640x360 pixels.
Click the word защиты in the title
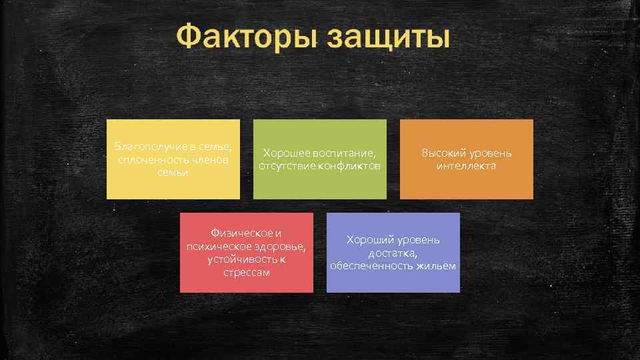click(389, 37)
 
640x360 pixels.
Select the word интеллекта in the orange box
click(466, 165)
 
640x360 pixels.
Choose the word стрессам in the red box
click(246, 272)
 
